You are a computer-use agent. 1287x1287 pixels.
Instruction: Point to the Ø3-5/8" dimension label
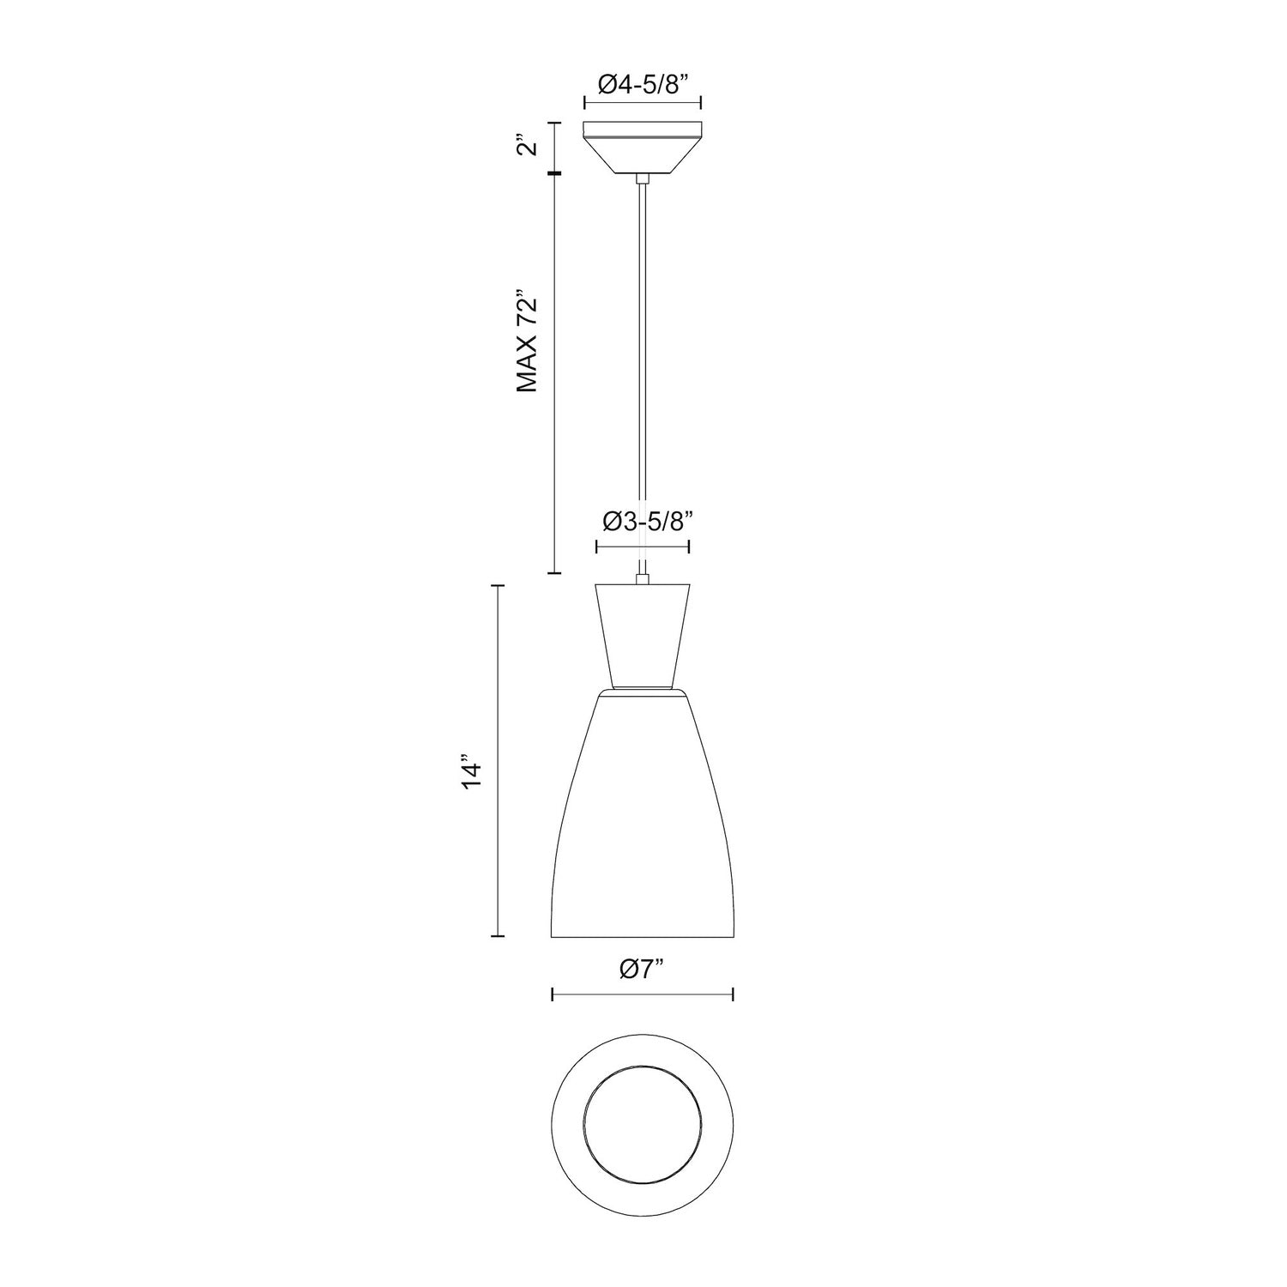coord(643,522)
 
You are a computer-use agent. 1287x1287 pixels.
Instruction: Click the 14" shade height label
coord(471,772)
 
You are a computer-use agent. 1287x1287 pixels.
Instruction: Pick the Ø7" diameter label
coord(643,970)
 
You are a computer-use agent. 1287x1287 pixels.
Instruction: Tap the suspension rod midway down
coord(642,369)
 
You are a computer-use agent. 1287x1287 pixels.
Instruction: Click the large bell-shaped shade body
coord(643,824)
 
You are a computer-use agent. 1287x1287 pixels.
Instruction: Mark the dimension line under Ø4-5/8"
coord(643,103)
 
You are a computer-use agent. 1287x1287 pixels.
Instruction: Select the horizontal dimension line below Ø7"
coord(643,994)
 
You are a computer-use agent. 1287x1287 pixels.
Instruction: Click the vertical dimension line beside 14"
coord(500,772)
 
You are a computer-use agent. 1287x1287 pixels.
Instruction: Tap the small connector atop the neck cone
coord(642,579)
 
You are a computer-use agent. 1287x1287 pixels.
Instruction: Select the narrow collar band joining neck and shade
coord(643,692)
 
